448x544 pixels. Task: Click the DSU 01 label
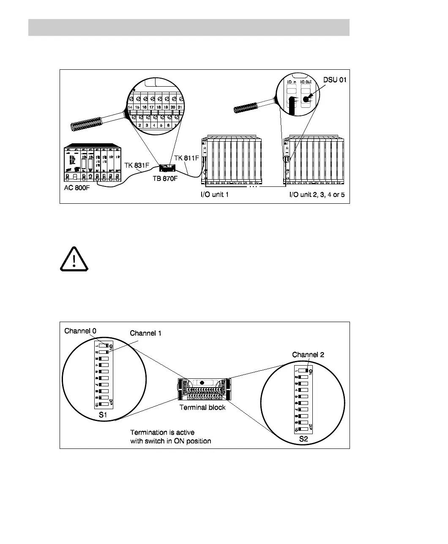335,80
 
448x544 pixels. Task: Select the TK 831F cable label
137,165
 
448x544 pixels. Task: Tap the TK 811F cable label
186,158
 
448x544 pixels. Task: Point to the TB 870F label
165,179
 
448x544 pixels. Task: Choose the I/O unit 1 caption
214,195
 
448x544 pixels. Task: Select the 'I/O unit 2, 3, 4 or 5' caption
317,195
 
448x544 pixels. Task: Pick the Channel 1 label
145,333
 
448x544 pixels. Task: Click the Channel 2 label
308,355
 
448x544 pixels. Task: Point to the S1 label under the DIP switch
103,415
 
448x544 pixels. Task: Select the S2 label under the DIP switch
303,439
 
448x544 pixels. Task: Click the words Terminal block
202,407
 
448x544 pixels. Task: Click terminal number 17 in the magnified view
151,107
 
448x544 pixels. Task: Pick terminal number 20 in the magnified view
173,107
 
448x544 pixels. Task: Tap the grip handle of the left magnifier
93,124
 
